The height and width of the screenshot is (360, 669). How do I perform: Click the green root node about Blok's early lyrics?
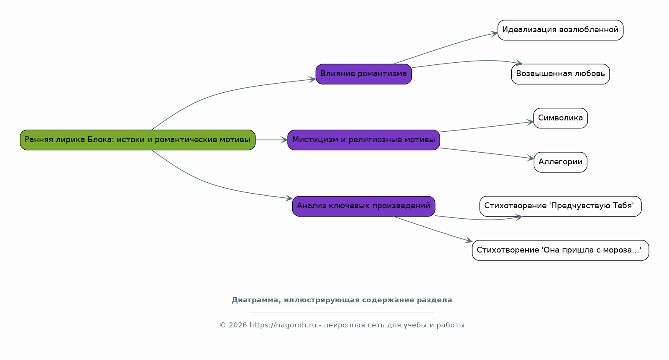tap(138, 140)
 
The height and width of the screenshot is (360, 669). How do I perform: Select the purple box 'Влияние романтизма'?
tap(364, 74)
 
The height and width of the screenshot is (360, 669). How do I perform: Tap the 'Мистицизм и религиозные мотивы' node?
tap(364, 140)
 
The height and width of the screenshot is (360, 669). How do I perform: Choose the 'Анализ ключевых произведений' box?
tap(364, 206)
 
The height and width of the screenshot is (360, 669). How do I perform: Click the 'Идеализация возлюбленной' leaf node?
tap(560, 30)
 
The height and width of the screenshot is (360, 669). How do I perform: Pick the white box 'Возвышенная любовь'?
tap(560, 74)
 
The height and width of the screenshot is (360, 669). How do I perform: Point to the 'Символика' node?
tap(560, 118)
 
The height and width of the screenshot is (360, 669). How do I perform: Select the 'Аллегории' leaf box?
tap(560, 162)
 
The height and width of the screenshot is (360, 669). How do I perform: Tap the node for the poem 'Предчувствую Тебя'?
tap(560, 206)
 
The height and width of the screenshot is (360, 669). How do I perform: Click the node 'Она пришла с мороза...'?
tap(560, 250)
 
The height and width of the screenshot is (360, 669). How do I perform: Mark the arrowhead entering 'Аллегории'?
tap(531, 158)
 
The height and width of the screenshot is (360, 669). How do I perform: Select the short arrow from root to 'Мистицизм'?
tap(271, 140)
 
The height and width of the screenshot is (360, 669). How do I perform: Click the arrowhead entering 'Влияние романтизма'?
tap(312, 79)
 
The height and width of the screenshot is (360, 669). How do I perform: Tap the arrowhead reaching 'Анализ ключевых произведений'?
tap(289, 198)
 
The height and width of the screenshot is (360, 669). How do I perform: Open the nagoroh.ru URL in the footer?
tap(283, 325)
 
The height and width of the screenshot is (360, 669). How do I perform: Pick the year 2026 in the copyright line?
tap(238, 325)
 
